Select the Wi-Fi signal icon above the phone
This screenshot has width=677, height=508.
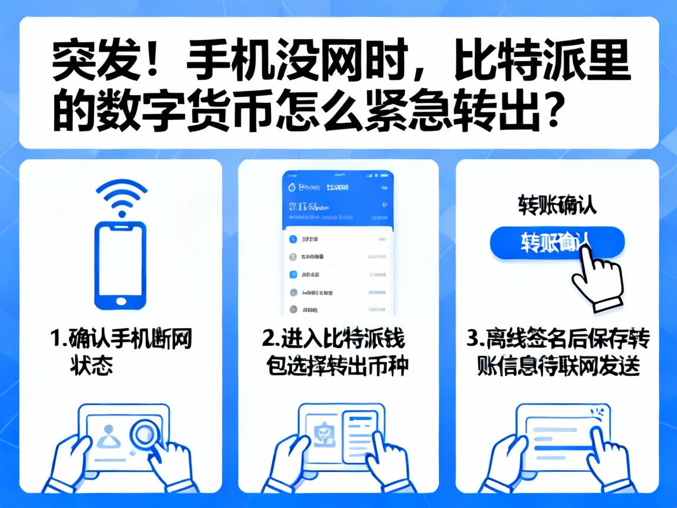[x=120, y=197]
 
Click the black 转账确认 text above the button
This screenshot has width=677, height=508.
[x=557, y=205]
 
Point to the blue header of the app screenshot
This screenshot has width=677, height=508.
[x=338, y=200]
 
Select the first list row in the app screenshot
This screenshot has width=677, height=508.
[x=338, y=239]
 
